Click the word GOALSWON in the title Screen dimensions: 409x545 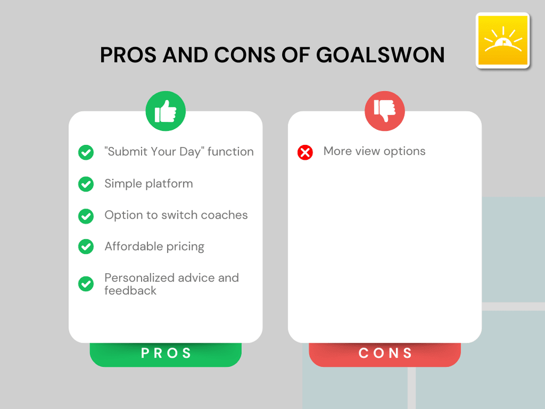[380, 55]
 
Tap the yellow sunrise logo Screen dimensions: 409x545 [502, 41]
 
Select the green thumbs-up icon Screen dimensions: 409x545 [166, 111]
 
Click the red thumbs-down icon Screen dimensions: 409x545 [385, 111]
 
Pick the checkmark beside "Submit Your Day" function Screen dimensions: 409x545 [86, 152]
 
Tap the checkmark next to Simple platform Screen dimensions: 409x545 [86, 184]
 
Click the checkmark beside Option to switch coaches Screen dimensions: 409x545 [86, 215]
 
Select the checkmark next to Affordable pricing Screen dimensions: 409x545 [86, 246]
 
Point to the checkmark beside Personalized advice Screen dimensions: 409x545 [86, 284]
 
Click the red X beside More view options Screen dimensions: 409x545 [305, 152]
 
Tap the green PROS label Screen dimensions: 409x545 [166, 353]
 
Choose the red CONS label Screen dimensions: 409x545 [385, 353]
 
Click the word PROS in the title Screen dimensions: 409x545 [128, 55]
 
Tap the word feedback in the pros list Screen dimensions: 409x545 [130, 291]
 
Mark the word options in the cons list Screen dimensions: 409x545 [404, 151]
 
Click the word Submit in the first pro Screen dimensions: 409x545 [127, 152]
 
